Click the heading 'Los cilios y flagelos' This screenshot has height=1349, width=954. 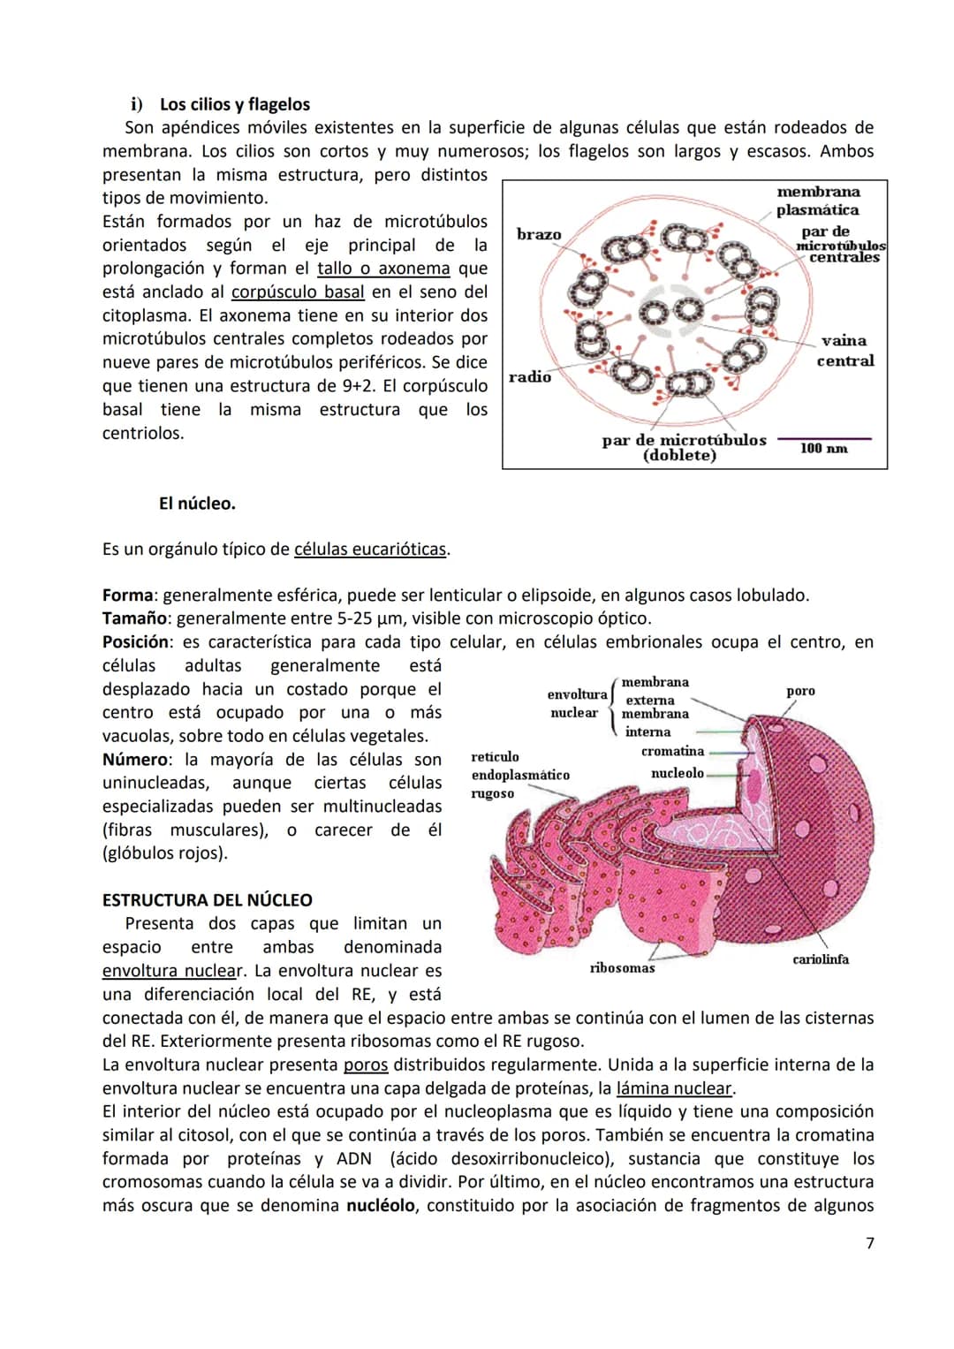click(234, 104)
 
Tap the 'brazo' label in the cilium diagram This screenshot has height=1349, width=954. click(539, 234)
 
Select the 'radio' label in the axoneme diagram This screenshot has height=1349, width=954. click(530, 377)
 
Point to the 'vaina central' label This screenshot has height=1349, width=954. click(844, 351)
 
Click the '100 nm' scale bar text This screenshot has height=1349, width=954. click(823, 449)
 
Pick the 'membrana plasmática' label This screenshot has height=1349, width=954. click(818, 201)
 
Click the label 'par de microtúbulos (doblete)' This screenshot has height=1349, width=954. click(684, 447)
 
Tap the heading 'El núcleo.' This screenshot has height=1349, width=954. click(197, 504)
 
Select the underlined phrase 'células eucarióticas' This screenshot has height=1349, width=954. click(369, 549)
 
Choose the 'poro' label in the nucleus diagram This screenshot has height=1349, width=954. click(800, 691)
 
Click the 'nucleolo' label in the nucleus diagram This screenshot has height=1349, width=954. click(678, 773)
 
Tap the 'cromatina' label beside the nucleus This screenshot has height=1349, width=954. click(672, 751)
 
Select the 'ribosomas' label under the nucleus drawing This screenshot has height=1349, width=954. click(622, 968)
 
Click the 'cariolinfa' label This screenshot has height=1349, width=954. click(821, 959)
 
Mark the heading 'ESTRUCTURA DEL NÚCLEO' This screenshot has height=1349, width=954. click(207, 900)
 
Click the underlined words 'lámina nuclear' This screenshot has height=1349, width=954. click(675, 1088)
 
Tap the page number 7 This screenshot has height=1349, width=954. click(869, 1243)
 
